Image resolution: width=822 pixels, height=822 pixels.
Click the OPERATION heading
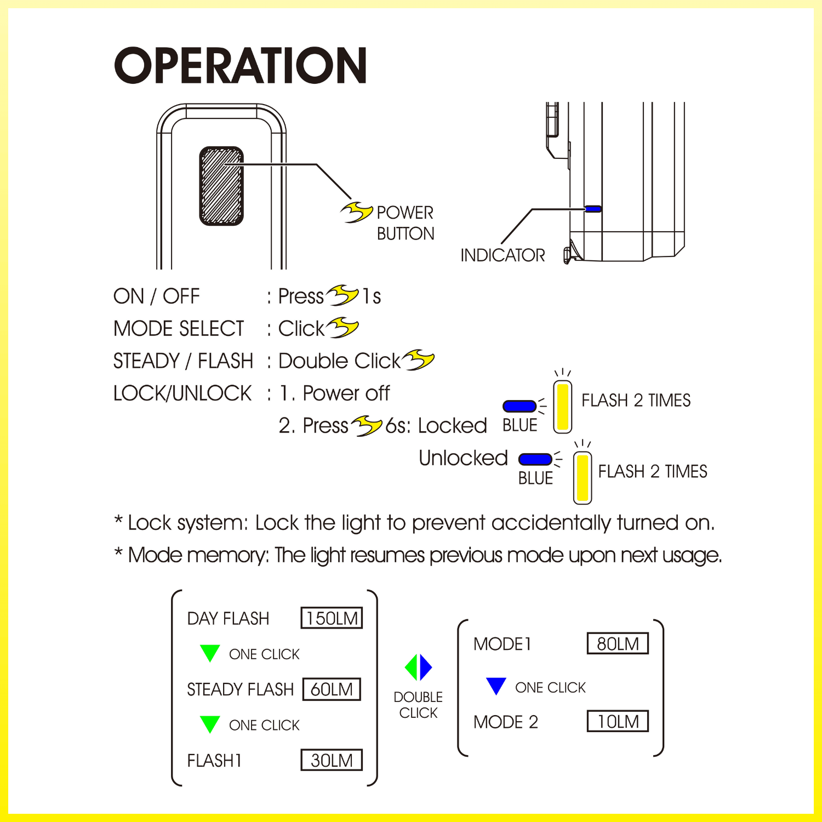click(240, 65)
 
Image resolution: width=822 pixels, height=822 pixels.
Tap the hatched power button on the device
click(221, 186)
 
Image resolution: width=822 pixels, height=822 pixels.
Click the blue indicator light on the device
click(593, 209)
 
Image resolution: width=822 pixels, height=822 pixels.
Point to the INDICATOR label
click(503, 255)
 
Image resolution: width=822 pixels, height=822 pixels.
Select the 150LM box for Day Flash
click(332, 618)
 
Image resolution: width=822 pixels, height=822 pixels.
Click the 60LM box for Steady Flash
click(332, 689)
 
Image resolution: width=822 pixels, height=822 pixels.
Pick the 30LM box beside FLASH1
click(332, 760)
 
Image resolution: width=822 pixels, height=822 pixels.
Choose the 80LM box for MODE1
click(618, 643)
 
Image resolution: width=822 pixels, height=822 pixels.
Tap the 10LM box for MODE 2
click(618, 721)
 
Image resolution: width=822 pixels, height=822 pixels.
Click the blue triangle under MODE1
click(496, 685)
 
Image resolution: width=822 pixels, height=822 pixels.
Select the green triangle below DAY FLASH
click(210, 652)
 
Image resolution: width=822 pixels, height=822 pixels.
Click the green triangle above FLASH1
click(210, 723)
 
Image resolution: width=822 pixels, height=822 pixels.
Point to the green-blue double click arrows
click(419, 667)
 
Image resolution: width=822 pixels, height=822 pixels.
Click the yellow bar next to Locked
click(563, 407)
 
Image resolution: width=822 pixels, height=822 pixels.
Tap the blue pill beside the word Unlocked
click(535, 459)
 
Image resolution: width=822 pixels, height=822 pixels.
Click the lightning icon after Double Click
click(418, 360)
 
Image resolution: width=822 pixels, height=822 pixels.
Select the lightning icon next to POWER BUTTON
click(357, 212)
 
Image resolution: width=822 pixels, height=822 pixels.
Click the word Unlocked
click(463, 458)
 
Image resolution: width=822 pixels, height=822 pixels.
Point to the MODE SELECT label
click(179, 329)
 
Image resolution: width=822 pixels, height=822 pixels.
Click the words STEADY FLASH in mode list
click(240, 689)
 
